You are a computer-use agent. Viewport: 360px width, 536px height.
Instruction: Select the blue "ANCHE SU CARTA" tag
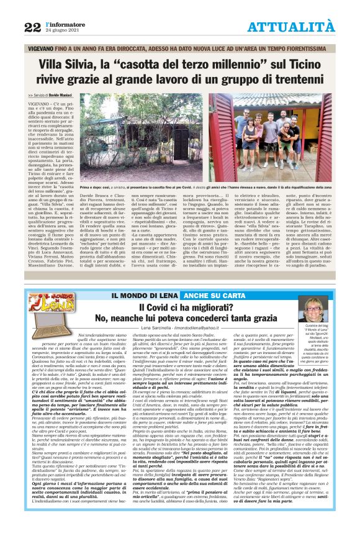pyautogui.click(x=176, y=294)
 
